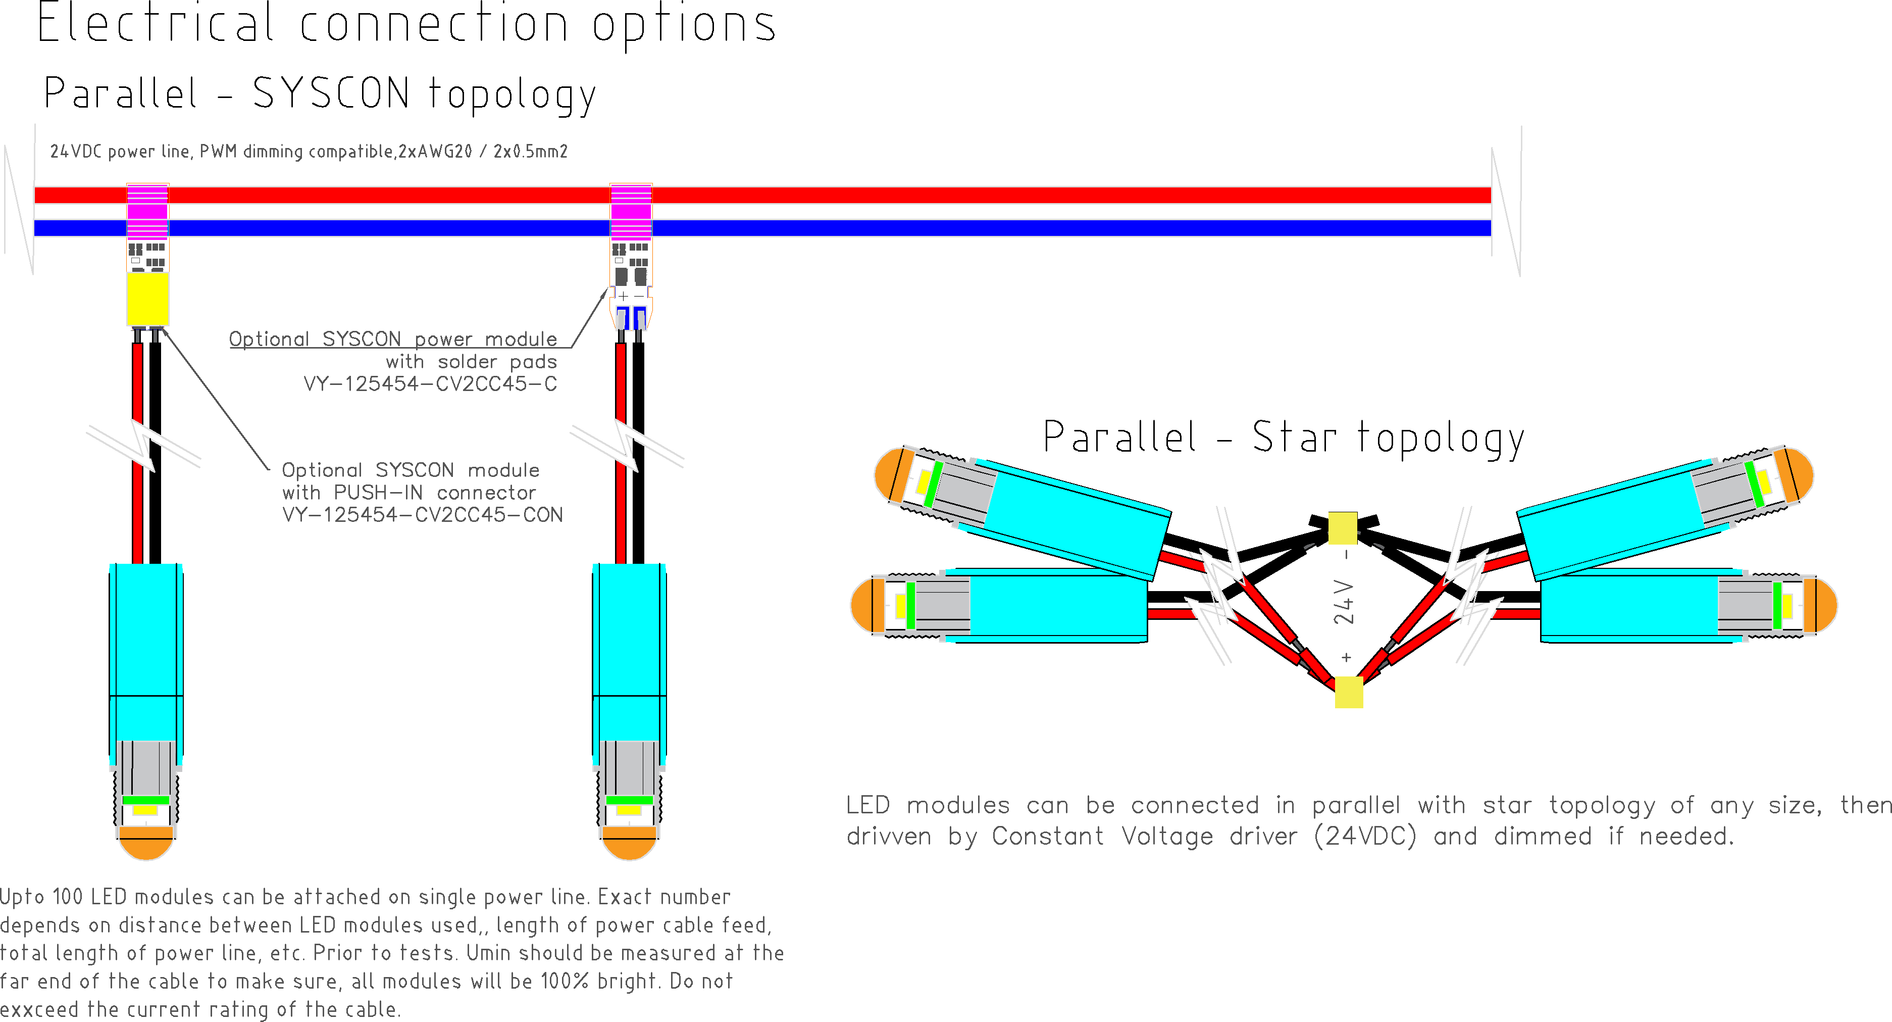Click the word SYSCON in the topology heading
point(331,94)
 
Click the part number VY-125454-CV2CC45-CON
point(422,515)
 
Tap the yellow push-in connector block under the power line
point(147,298)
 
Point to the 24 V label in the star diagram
point(1343,603)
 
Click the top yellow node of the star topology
point(1343,527)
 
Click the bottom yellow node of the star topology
point(1349,692)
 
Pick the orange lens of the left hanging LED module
point(145,844)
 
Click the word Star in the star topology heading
point(1294,438)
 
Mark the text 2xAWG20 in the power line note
point(435,152)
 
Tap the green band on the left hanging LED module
point(145,800)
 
